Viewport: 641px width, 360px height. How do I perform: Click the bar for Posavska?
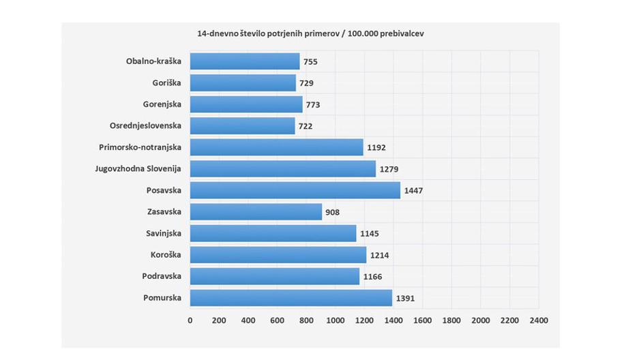[295, 190]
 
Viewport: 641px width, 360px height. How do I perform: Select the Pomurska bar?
[290, 298]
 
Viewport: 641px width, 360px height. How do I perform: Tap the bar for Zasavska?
[256, 212]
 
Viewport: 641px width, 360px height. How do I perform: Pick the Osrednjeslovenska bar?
[242, 126]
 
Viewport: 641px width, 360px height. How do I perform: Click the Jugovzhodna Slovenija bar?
[282, 169]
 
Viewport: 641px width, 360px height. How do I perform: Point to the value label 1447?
[413, 191]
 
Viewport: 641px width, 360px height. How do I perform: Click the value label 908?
[332, 212]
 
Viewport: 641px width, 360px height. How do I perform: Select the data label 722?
[305, 126]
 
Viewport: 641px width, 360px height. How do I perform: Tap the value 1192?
[376, 148]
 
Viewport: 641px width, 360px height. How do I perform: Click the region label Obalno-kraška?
[153, 61]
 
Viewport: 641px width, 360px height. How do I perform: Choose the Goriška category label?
[167, 83]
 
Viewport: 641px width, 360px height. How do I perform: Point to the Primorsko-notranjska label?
[140, 147]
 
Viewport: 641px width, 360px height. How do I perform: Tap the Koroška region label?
[166, 255]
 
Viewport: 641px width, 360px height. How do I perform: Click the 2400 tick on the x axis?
[539, 320]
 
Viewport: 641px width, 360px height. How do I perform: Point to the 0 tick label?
[190, 320]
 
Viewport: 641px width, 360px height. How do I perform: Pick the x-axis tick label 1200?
[364, 320]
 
